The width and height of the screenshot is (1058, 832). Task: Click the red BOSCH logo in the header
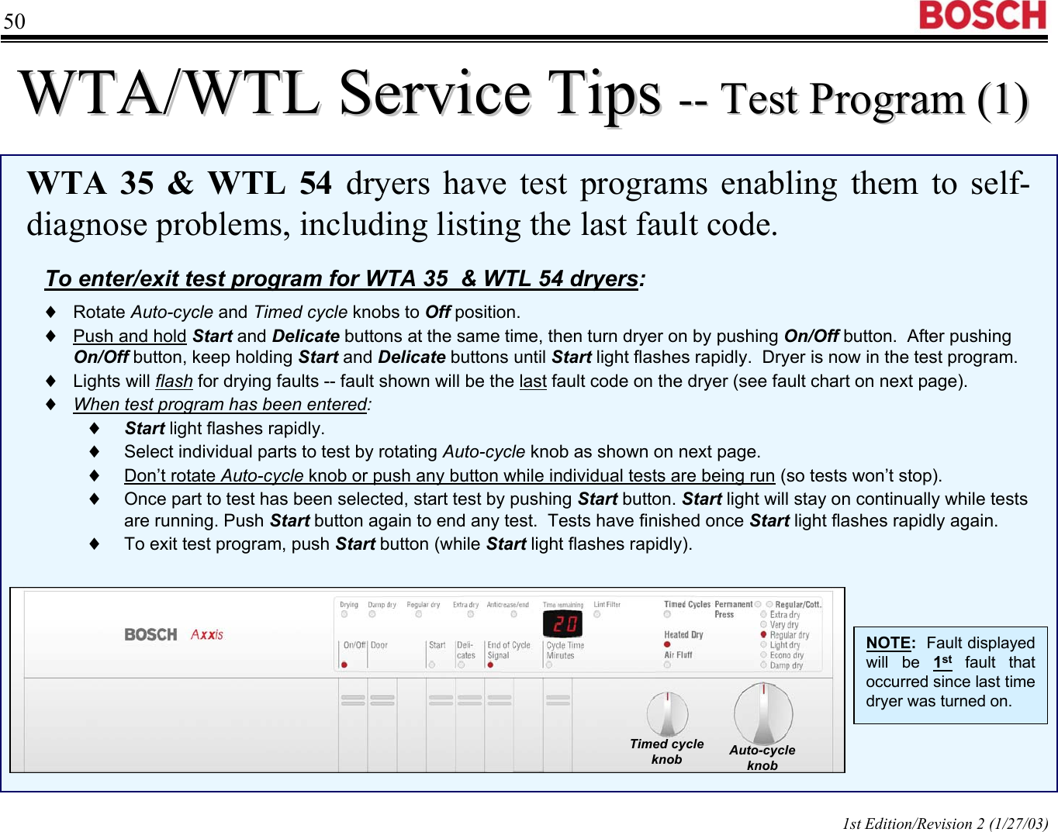tap(983, 16)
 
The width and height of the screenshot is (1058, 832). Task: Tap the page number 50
tap(14, 21)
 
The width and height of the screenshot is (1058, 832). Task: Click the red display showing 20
tap(562, 624)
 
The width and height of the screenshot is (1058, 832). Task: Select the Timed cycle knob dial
tap(668, 713)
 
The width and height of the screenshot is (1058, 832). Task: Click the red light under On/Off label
tap(344, 665)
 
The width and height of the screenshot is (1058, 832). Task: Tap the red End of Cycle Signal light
tap(490, 665)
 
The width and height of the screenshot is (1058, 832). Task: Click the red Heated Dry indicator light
tap(667, 644)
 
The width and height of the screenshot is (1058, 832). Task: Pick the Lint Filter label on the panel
tap(607, 605)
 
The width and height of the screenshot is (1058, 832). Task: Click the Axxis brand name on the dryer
tap(207, 634)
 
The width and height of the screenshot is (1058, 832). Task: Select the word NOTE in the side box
tap(889, 643)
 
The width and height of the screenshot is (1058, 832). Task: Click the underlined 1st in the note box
tap(942, 662)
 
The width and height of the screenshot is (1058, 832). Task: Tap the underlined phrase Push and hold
tap(130, 337)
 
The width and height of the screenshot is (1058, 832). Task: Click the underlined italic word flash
tap(174, 381)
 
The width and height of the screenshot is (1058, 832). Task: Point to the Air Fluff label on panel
tap(678, 655)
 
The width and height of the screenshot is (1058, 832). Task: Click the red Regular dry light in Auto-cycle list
tap(763, 634)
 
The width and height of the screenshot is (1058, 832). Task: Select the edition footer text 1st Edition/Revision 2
tap(945, 823)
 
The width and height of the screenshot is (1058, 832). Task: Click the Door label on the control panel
tap(379, 645)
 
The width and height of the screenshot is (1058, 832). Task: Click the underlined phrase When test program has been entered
tap(221, 405)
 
